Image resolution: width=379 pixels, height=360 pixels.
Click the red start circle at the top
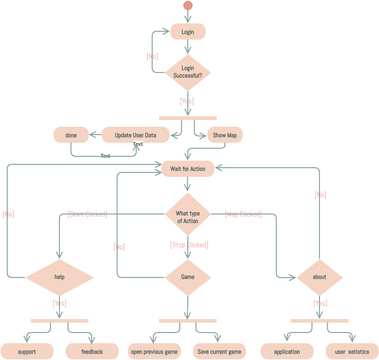coord(188,7)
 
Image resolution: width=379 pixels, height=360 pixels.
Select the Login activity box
coord(188,32)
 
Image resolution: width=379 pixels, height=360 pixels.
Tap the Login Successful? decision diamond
coord(188,72)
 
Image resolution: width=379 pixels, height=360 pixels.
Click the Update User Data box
coord(135,135)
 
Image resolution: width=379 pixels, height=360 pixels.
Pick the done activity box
coord(71,135)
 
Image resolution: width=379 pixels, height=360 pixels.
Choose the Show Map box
coord(225,135)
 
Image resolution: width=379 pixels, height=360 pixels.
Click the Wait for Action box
coord(188,169)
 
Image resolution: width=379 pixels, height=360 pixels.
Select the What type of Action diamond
coord(188,217)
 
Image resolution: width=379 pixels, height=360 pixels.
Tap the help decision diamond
coord(59,277)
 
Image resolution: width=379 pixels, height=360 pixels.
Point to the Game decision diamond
coord(188,277)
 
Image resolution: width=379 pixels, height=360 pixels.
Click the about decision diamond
coord(319,277)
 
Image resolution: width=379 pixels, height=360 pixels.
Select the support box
coord(27,351)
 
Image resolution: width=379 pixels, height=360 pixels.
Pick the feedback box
coord(92,351)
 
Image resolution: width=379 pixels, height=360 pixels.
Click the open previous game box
coord(154,351)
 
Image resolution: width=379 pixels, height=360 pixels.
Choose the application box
coord(287,351)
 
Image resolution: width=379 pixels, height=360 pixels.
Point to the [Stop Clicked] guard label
coord(188,245)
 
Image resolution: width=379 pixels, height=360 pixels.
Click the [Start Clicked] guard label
coord(88,213)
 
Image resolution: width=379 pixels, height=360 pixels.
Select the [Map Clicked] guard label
coord(243,213)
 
